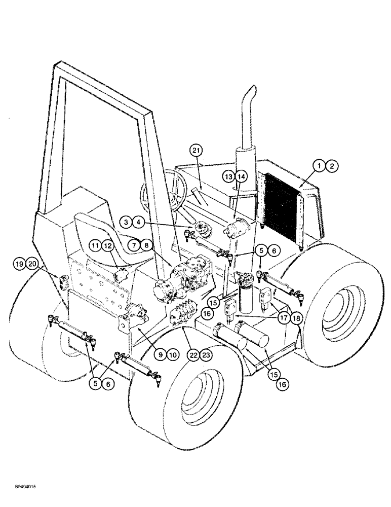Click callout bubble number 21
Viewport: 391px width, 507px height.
[x=196, y=150]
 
